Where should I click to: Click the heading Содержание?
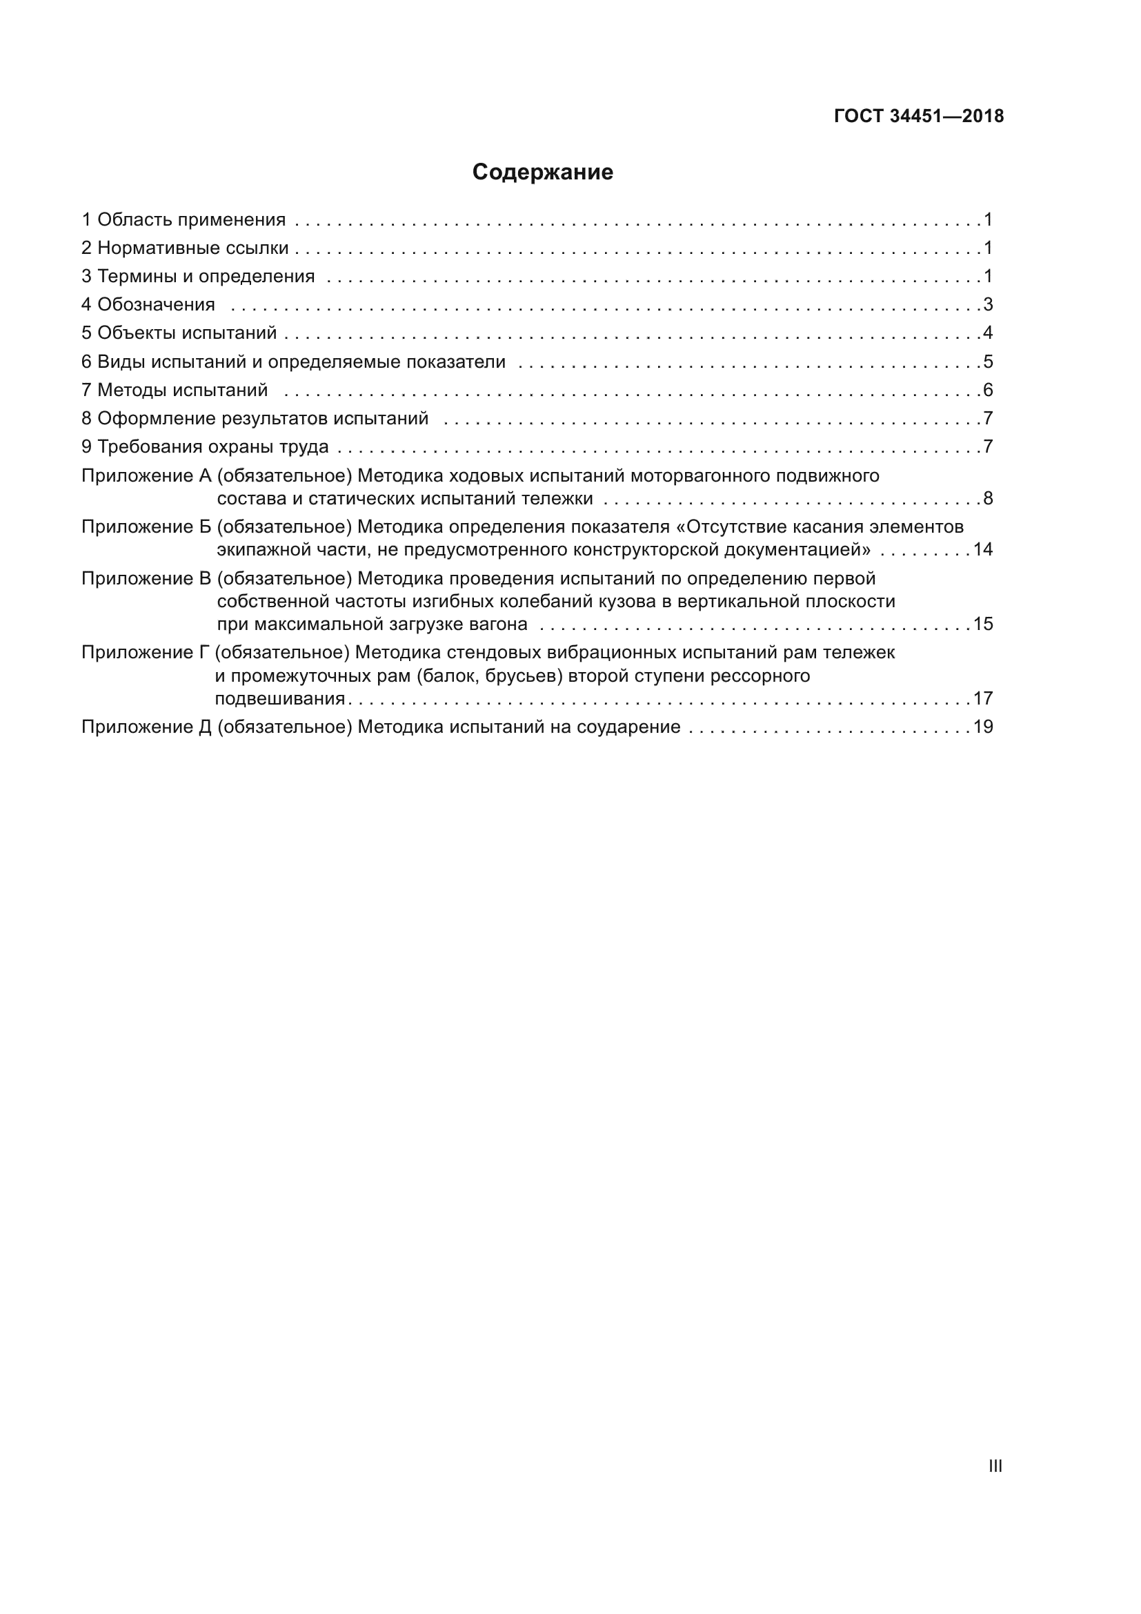(x=542, y=173)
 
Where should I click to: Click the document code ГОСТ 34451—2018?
(x=918, y=117)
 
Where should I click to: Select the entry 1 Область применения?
(x=183, y=220)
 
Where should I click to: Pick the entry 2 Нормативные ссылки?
(x=185, y=248)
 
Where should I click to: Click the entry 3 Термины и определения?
(x=198, y=276)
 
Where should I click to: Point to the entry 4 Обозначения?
(x=148, y=305)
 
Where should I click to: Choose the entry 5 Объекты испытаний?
(x=179, y=333)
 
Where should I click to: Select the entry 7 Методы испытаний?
(x=175, y=390)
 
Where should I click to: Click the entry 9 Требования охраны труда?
(x=205, y=447)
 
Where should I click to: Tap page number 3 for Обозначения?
(x=988, y=305)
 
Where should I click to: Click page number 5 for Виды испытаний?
(x=988, y=362)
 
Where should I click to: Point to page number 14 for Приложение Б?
(x=983, y=550)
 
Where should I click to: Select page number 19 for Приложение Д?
(x=983, y=727)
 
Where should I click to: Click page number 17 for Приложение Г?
(x=983, y=699)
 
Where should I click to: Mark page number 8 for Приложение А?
(x=988, y=499)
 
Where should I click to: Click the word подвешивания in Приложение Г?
(x=279, y=699)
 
